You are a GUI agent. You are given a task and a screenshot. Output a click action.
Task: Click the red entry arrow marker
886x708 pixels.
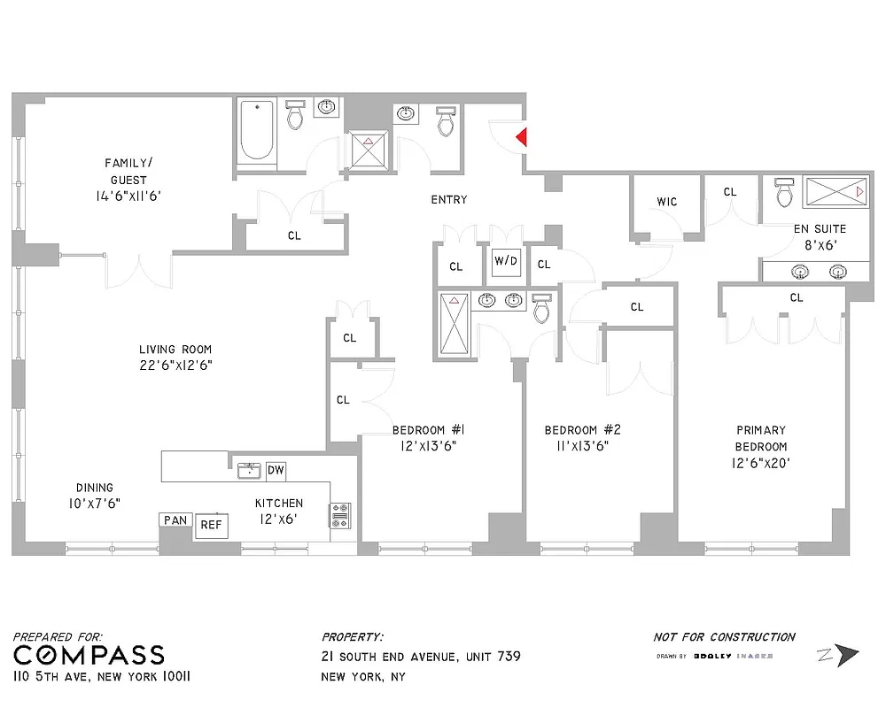point(522,137)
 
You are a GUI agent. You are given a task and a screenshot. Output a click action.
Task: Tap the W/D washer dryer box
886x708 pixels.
point(506,262)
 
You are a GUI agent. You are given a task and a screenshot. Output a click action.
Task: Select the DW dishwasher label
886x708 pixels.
point(276,471)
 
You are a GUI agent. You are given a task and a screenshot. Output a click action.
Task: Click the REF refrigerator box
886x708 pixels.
point(211,525)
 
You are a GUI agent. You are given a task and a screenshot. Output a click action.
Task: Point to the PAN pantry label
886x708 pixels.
point(175,520)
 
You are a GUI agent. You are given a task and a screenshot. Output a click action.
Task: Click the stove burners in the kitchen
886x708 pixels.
point(340,516)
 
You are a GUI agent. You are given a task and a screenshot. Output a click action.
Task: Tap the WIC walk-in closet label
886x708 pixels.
point(667,202)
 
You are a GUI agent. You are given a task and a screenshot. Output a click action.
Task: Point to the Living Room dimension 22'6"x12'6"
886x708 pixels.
point(175,365)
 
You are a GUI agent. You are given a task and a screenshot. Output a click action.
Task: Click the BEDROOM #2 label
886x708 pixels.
point(582,430)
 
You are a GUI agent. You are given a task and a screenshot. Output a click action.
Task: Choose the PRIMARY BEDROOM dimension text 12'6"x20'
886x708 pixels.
point(760,463)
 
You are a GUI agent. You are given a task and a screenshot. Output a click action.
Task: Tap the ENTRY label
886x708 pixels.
point(448,200)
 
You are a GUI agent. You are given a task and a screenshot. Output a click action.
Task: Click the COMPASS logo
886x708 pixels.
point(89,655)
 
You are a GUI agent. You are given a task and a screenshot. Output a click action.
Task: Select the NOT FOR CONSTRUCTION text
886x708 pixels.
point(724,636)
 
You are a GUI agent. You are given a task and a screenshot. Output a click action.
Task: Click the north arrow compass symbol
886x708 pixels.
point(838,655)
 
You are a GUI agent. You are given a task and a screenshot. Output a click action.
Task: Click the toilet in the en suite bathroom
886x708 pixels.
point(783,191)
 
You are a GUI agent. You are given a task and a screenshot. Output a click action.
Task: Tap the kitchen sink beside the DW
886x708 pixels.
point(249,470)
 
